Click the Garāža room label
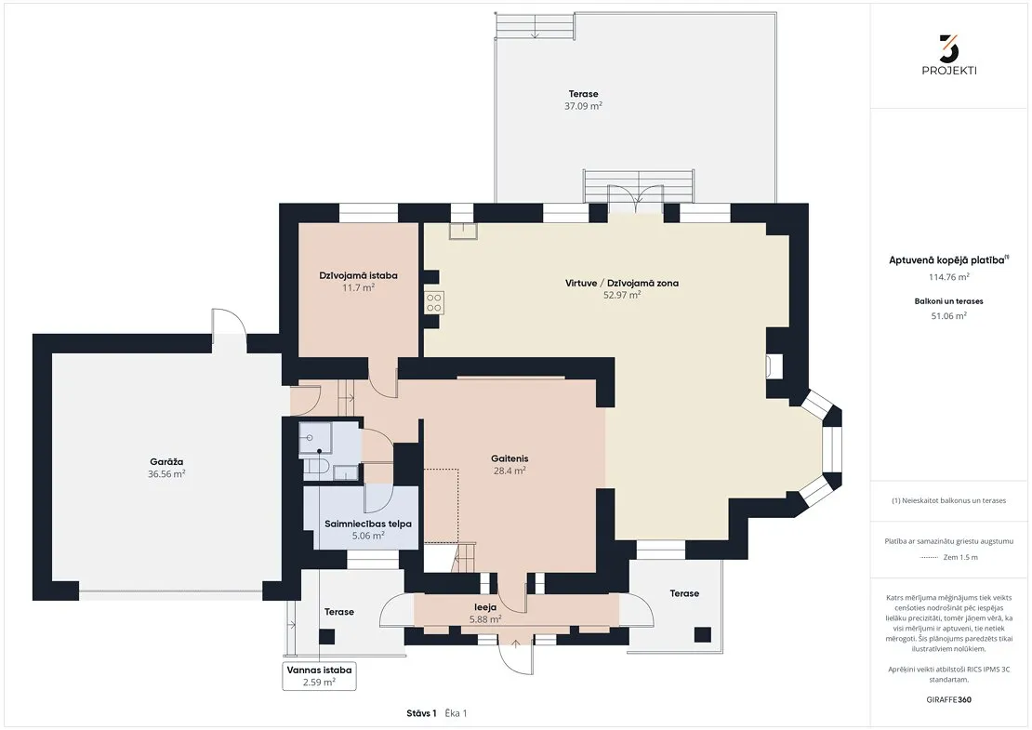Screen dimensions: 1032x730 (165, 461)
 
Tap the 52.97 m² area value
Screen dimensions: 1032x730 (622, 295)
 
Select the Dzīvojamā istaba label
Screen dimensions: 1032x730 (358, 275)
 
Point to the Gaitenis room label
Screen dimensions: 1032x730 (509, 458)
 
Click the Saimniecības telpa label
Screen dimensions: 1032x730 (368, 524)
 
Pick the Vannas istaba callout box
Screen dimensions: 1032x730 (319, 676)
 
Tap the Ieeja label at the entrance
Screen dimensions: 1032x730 (485, 607)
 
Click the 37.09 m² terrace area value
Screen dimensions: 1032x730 (583, 105)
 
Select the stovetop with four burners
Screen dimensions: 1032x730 (434, 302)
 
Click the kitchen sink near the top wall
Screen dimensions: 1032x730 (463, 231)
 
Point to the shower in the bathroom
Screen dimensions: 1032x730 (315, 440)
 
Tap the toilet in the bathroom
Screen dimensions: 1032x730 (316, 467)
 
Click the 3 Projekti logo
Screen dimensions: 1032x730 (949, 55)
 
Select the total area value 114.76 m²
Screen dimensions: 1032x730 (948, 277)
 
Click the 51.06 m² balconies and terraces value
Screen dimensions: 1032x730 (948, 316)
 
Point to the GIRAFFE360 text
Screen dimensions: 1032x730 (948, 699)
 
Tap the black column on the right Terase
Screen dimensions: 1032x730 (702, 634)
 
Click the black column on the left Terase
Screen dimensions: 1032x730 (326, 636)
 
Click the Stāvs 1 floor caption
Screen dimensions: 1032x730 (421, 713)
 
